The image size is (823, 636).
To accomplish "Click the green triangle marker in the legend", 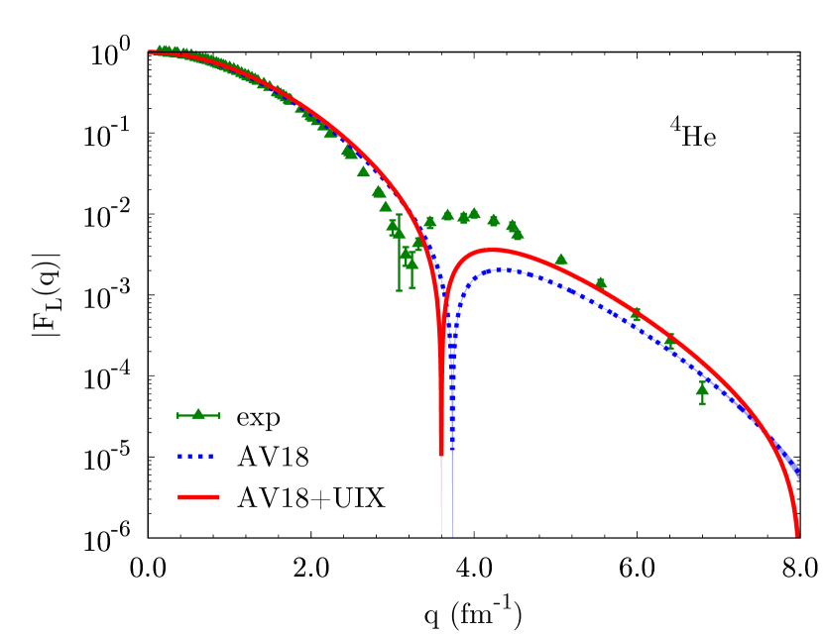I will pos(198,413).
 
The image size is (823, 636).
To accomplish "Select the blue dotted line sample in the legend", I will pos(196,457).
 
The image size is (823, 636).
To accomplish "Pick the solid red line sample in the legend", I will pos(198,497).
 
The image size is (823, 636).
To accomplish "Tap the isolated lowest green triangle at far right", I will pos(702,389).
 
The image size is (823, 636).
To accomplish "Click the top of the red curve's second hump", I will pos(490,250).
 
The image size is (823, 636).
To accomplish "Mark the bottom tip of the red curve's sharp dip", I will pos(441,533).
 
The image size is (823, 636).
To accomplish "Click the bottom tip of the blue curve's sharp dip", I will pos(452,535).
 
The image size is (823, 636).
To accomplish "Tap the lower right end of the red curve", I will pos(797,535).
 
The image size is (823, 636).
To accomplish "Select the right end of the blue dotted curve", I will pos(798,477).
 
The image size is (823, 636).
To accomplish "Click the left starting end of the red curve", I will pos(150,52).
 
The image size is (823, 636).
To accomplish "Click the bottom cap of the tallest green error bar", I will pos(400,290).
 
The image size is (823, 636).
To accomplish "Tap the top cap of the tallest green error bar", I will pos(400,215).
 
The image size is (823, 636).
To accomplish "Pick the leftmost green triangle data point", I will pos(160,50).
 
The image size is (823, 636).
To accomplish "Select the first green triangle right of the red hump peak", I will pos(560,260).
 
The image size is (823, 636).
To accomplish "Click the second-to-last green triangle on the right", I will pos(670,340).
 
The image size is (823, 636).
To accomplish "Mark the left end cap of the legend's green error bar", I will pos(178,415).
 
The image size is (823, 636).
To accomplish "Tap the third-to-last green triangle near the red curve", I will pos(636,312).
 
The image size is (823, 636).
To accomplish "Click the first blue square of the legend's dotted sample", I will pos(180,457).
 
